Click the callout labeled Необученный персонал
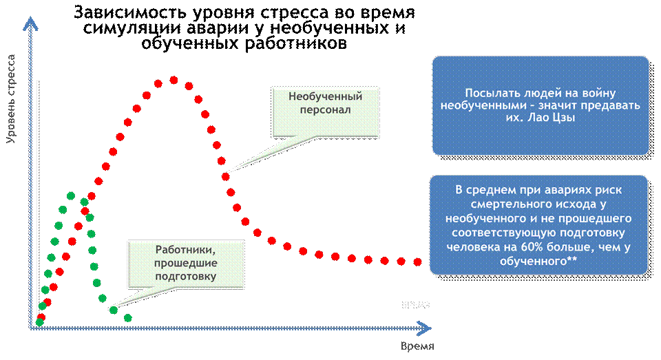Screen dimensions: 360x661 326,103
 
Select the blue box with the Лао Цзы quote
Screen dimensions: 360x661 541,105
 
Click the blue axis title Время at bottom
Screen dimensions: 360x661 417,345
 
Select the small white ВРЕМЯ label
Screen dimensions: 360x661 416,304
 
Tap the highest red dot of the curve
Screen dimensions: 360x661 174,80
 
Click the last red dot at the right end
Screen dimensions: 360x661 418,262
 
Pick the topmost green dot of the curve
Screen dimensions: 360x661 71,195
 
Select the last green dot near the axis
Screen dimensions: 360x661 127,317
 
